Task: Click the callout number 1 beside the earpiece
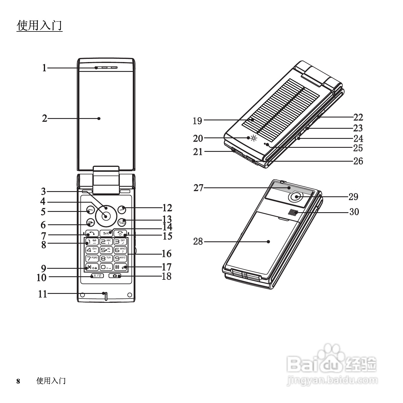tap(44, 68)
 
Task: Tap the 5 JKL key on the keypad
tap(106, 250)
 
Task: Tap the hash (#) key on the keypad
tap(120, 267)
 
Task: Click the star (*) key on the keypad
tap(92, 267)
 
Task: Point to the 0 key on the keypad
tap(106, 267)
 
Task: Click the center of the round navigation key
tap(106, 216)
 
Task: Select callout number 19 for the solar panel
tap(197, 121)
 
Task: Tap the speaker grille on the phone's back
tap(292, 212)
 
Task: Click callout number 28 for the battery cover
tap(198, 241)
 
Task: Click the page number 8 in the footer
tap(18, 381)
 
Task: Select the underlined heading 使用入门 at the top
tap(40, 25)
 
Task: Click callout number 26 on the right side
tap(358, 161)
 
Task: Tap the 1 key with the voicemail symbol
tap(92, 242)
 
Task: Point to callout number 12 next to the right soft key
tap(167, 208)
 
